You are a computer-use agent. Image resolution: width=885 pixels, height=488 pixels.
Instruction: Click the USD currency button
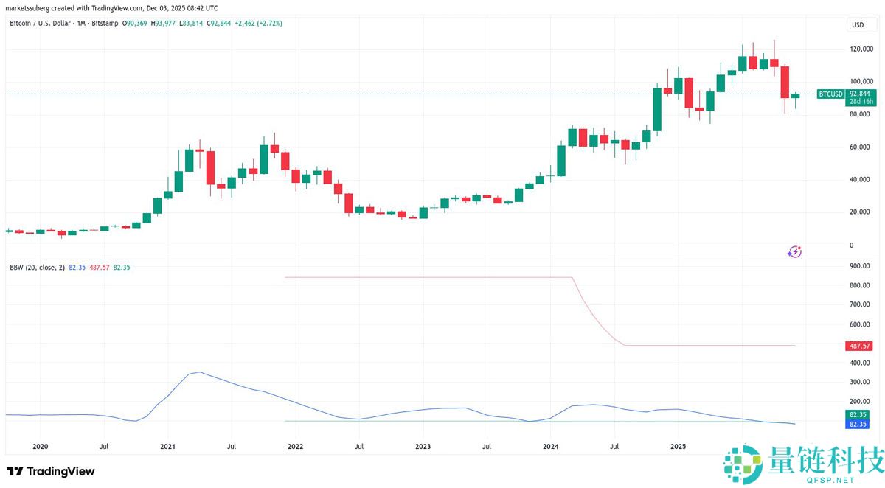(x=858, y=24)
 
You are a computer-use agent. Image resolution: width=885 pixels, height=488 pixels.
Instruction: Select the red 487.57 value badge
(x=860, y=346)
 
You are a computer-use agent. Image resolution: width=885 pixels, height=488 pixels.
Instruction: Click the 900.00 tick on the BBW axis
(x=860, y=266)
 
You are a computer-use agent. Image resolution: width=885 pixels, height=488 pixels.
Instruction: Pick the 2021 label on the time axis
(x=168, y=446)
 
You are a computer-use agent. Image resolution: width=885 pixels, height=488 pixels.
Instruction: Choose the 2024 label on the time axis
(x=551, y=446)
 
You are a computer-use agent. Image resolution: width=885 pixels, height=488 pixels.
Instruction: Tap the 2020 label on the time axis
(x=41, y=446)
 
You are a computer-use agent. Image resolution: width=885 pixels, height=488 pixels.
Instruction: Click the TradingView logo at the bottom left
(x=51, y=471)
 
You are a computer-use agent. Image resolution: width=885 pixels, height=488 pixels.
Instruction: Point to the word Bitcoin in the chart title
(x=21, y=24)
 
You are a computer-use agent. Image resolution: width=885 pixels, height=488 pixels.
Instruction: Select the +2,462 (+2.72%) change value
(x=257, y=24)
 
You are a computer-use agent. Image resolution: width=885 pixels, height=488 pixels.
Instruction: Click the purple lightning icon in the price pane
(x=794, y=252)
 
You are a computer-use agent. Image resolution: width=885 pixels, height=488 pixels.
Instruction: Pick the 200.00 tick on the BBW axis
(x=860, y=402)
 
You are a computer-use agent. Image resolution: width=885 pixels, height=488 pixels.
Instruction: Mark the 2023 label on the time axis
(x=423, y=446)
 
